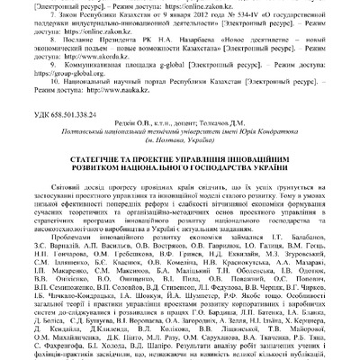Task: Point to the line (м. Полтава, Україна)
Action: point(179,157)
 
